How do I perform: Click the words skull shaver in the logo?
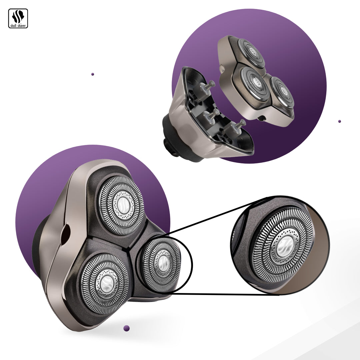[18, 25]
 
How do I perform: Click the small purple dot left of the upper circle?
[93, 74]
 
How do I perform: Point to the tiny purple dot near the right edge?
[339, 121]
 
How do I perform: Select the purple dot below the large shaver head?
[126, 328]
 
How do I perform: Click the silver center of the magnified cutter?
[282, 246]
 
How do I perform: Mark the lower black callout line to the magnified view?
[220, 294]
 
